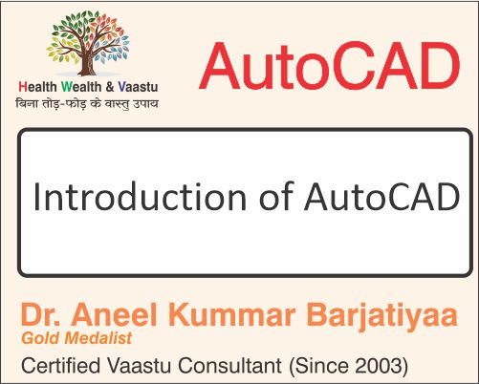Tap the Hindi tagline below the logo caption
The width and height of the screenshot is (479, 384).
(88, 103)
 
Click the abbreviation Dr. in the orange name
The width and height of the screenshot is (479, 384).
(38, 315)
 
